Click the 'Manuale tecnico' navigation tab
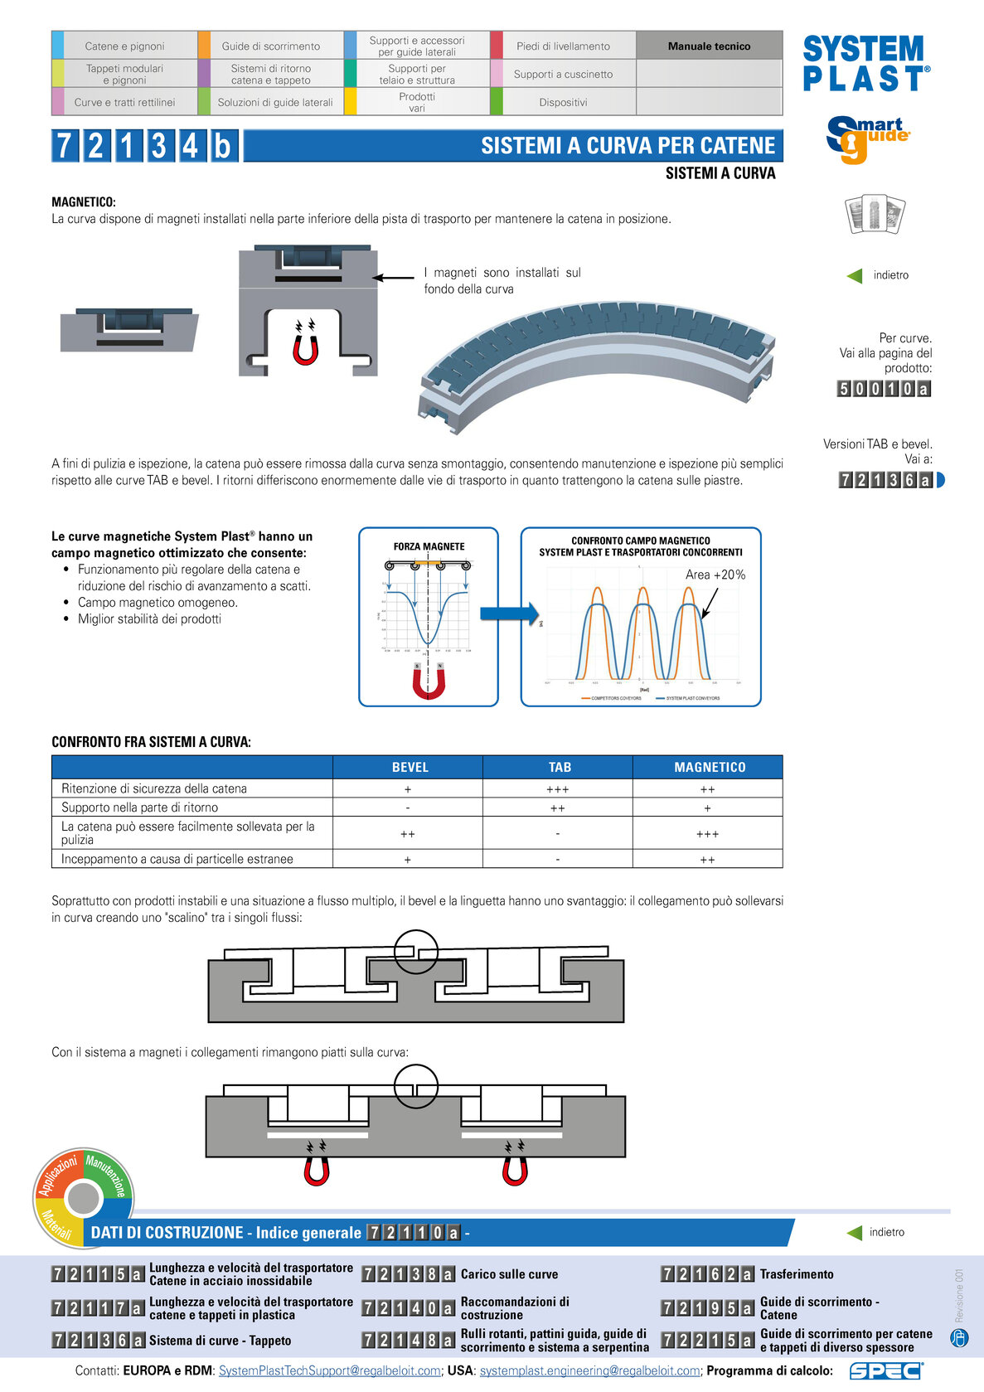pyautogui.click(x=709, y=46)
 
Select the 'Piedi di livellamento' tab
pyautogui.click(x=563, y=46)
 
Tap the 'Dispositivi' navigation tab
pyautogui.click(x=563, y=102)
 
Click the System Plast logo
pyautogui.click(x=865, y=63)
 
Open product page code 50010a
pyautogui.click(x=884, y=388)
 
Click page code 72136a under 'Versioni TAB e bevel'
pyautogui.click(x=885, y=479)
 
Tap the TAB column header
pyautogui.click(x=558, y=767)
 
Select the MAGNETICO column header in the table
pyautogui.click(x=709, y=767)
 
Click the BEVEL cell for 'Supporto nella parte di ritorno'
pyautogui.click(x=408, y=808)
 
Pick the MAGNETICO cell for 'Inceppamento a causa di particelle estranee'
pyautogui.click(x=707, y=860)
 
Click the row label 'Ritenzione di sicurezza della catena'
pyautogui.click(x=154, y=788)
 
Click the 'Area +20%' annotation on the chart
pyautogui.click(x=715, y=575)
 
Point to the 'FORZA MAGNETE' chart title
pyautogui.click(x=429, y=546)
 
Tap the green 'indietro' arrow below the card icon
pyautogui.click(x=855, y=275)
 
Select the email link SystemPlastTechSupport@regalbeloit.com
pyautogui.click(x=329, y=1370)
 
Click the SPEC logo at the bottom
pyautogui.click(x=885, y=1370)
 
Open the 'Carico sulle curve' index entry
pyautogui.click(x=509, y=1274)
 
